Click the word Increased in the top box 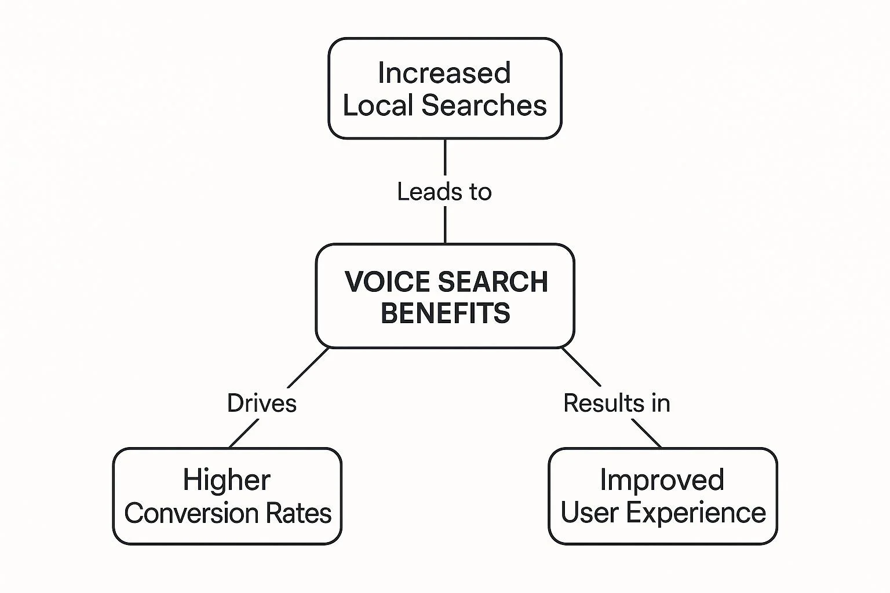click(444, 74)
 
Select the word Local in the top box click(378, 106)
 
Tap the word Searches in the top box click(484, 106)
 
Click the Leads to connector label click(444, 192)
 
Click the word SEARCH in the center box click(493, 282)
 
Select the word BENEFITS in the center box click(445, 313)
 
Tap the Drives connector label click(262, 403)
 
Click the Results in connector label click(617, 403)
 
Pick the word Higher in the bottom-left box click(227, 480)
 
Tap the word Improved click(662, 480)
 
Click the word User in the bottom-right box click(589, 513)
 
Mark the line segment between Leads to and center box click(445, 225)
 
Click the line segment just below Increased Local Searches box click(445, 158)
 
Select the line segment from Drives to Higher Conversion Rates click(244, 433)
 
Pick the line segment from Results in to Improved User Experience click(646, 433)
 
